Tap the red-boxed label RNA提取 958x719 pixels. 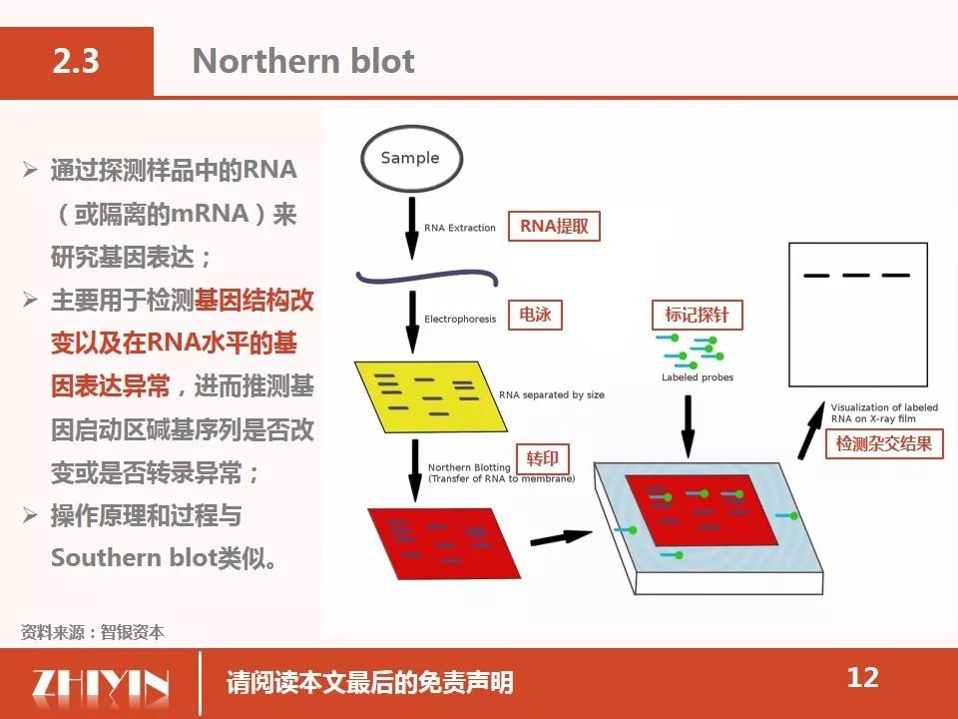click(x=554, y=227)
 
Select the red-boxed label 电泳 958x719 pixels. click(x=535, y=315)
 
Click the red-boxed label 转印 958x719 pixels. click(x=543, y=458)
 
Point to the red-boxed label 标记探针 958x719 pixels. click(x=698, y=315)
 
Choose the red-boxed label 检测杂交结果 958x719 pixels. click(x=884, y=443)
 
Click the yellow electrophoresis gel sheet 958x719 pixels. click(x=430, y=396)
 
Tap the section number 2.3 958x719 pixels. click(x=76, y=61)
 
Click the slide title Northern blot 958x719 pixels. click(x=303, y=61)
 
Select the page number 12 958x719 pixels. click(x=862, y=677)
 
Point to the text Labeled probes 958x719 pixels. click(x=698, y=377)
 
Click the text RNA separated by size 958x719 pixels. click(x=552, y=395)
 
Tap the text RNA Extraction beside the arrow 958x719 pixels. click(x=460, y=228)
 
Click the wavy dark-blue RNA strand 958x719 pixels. click(x=427, y=278)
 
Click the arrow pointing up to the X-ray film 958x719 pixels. click(x=811, y=430)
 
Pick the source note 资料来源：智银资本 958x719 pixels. click(x=92, y=632)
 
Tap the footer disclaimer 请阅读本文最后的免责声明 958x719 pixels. click(x=369, y=682)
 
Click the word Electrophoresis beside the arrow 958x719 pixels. click(x=460, y=320)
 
